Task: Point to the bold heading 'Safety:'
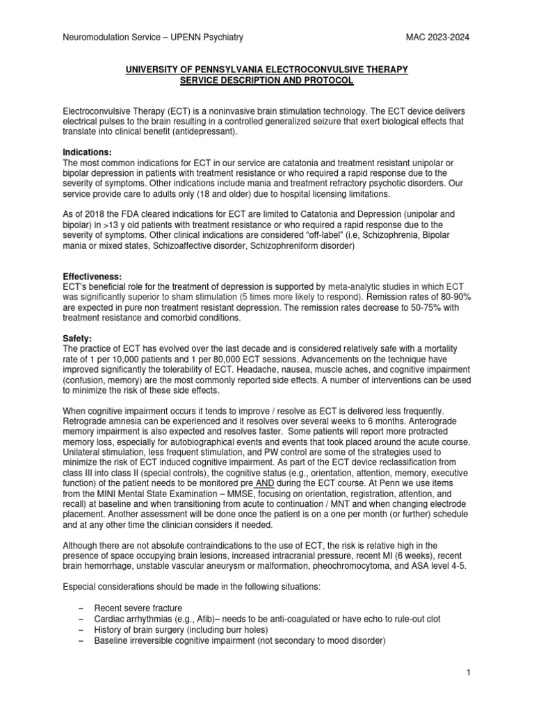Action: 77,339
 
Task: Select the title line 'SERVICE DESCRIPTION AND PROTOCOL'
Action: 266,81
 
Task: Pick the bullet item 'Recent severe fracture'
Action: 140,607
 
